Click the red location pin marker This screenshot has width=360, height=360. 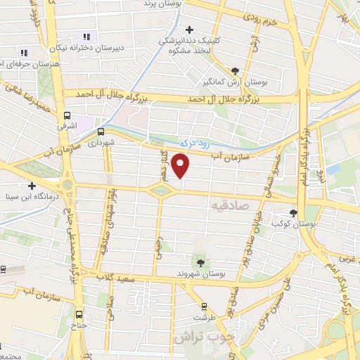click(181, 166)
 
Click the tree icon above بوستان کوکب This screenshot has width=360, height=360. click(294, 212)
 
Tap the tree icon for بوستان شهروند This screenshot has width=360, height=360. click(201, 262)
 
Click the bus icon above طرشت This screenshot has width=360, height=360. click(204, 307)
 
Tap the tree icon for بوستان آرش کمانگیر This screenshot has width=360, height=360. click(235, 70)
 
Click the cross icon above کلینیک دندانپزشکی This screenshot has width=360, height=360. click(189, 30)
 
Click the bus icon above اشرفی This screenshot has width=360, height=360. click(67, 116)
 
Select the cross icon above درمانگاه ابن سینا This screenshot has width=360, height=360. click(32, 186)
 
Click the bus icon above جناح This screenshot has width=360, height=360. click(79, 314)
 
